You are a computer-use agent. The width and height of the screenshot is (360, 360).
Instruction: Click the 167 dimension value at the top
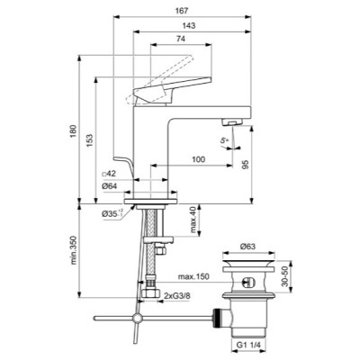coord(182,11)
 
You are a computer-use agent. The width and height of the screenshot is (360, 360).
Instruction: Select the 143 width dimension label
coord(189,25)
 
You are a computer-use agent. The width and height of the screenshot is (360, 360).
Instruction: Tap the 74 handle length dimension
coord(181,39)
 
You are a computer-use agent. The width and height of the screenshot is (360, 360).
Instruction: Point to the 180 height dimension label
coord(73,130)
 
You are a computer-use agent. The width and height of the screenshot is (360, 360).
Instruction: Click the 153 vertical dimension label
coord(89,140)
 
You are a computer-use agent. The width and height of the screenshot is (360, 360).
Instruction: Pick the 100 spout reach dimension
coord(199,159)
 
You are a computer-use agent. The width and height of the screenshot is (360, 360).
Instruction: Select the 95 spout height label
coord(246,165)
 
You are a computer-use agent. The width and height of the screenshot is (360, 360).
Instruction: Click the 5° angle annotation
coord(224,140)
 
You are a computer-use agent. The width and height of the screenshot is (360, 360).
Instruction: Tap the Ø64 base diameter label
coord(109,186)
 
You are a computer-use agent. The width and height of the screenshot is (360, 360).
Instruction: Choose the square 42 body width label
coord(109,174)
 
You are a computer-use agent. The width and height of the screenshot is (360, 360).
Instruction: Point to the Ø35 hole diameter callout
coord(112,213)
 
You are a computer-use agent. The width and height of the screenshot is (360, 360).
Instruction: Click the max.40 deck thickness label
coord(193,220)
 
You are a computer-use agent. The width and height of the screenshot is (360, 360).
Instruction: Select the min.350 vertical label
coord(73,250)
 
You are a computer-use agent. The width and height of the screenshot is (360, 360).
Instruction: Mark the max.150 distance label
coord(193,276)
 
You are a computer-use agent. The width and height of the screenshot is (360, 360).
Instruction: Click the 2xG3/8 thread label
coord(177,296)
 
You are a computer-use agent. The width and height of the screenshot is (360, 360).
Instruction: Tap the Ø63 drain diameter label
coord(247,247)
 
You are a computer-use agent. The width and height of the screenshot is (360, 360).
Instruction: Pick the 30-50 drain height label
coord(285,276)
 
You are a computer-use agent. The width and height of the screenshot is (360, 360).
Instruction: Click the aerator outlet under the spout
coord(232,122)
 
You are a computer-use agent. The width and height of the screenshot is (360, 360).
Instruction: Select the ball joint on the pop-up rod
coord(138,318)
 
